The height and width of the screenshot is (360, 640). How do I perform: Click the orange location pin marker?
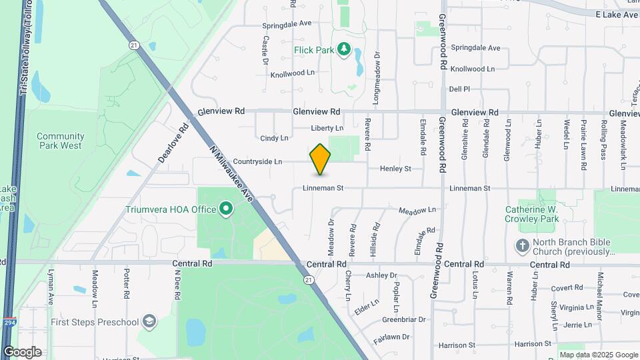[x=320, y=159]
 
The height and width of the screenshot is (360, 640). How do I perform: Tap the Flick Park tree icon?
[x=344, y=49]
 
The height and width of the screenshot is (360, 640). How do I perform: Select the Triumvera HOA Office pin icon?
[x=226, y=209]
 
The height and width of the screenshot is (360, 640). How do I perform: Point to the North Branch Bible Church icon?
[x=523, y=246]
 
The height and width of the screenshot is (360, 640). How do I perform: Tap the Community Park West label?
[x=60, y=141]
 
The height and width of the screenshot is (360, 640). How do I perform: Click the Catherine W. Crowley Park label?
[x=531, y=213]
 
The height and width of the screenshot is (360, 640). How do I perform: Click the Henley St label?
[x=395, y=169]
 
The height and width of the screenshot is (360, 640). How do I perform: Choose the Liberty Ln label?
[x=327, y=128]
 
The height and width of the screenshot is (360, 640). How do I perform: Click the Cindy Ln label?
[x=274, y=139]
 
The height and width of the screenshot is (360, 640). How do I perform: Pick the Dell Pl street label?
[x=459, y=89]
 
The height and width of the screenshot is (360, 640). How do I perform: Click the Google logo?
[x=22, y=352]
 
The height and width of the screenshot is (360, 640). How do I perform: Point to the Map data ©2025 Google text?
[x=598, y=355]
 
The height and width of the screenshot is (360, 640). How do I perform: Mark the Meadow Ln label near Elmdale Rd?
[x=417, y=211]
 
